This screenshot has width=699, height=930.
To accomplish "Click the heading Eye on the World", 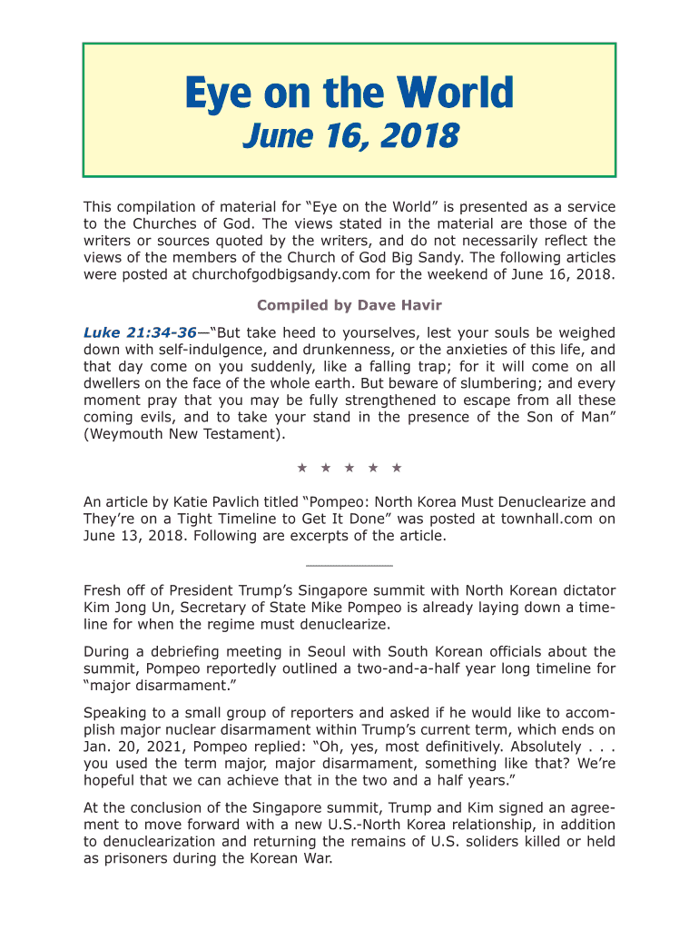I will (x=349, y=94).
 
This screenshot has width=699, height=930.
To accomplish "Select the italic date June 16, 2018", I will (x=349, y=137).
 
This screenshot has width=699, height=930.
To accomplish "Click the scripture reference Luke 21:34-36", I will (x=140, y=333).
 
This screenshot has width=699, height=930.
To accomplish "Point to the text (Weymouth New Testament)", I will (x=184, y=434).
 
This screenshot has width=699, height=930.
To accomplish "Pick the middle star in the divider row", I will (x=349, y=468).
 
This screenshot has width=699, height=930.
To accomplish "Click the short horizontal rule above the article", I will (x=349, y=564).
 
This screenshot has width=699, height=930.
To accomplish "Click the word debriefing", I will (x=190, y=651).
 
